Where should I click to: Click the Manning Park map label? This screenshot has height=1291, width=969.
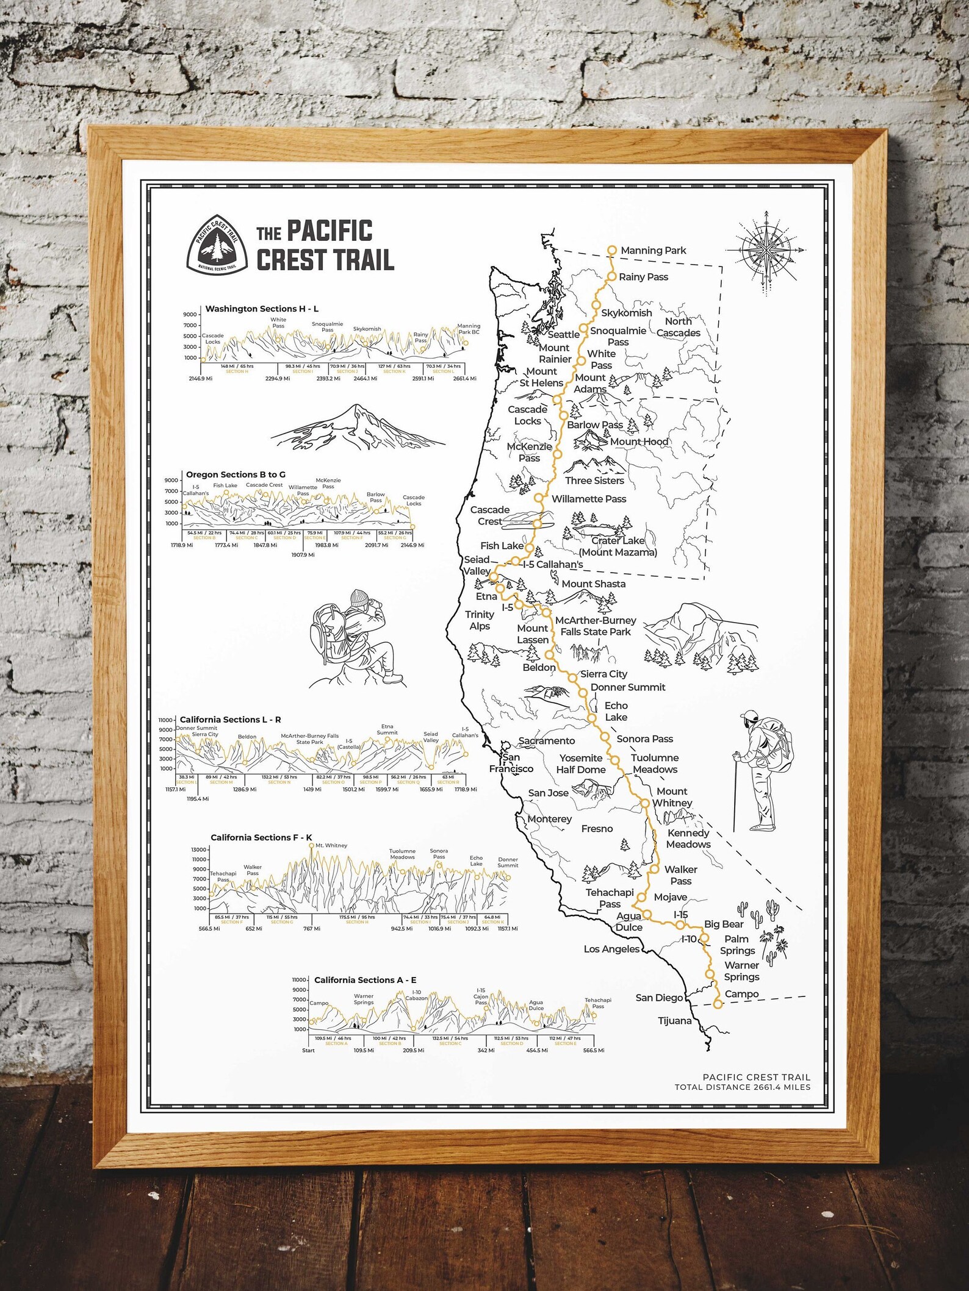click(653, 251)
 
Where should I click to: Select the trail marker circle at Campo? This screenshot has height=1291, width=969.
click(718, 1004)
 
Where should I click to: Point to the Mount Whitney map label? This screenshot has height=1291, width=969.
click(672, 797)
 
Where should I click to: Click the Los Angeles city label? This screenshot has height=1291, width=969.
click(611, 949)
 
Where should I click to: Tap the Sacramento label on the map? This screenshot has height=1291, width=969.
click(547, 741)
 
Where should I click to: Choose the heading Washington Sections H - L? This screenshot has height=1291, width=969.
click(262, 309)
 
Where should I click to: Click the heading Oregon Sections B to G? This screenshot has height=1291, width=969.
click(236, 474)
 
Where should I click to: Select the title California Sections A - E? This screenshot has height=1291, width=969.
click(365, 980)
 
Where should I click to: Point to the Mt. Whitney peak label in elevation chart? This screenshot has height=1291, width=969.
click(331, 845)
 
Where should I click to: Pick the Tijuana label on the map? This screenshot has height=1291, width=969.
click(675, 1021)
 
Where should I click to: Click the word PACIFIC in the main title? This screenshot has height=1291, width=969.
click(330, 231)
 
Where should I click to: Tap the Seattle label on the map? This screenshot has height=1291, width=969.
click(563, 335)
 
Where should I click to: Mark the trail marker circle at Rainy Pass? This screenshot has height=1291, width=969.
click(611, 277)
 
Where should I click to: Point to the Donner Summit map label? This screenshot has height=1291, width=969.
click(628, 687)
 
